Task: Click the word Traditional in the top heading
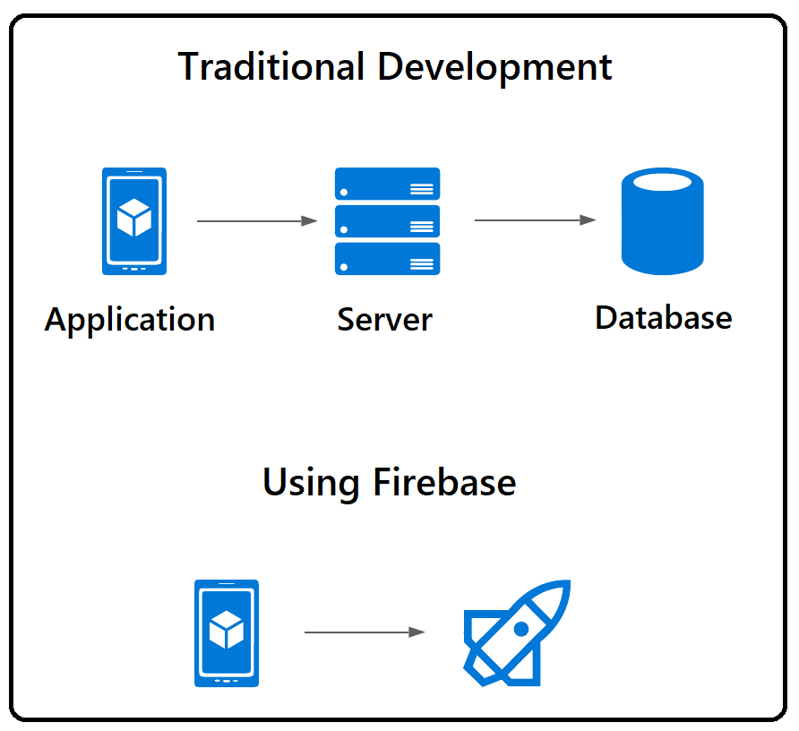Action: click(271, 68)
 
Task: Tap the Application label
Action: click(130, 320)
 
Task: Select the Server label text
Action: click(384, 320)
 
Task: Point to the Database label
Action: click(663, 317)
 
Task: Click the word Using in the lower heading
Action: click(311, 483)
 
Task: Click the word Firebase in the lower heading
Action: click(444, 483)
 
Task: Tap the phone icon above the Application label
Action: click(134, 220)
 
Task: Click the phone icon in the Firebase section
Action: click(227, 633)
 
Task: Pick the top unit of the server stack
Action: click(387, 184)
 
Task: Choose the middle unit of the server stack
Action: click(387, 221)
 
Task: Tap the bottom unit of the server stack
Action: click(387, 258)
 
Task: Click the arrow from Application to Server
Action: click(257, 220)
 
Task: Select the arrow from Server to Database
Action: click(535, 219)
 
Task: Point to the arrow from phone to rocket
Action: click(364, 632)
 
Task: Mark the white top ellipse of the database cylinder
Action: click(662, 183)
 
